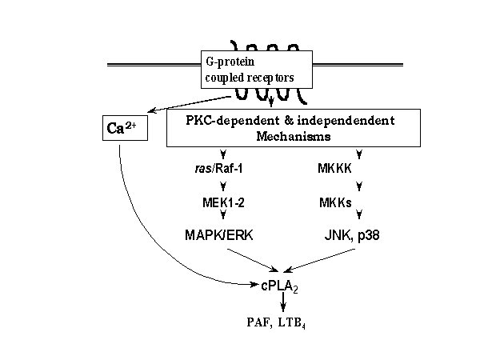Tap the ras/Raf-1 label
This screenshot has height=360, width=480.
point(219,168)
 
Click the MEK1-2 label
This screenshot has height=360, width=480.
point(223,202)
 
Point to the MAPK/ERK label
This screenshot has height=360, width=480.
point(219,235)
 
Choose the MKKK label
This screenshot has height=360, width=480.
point(334,168)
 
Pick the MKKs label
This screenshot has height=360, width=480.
point(335,202)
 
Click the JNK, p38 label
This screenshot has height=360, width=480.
point(352,235)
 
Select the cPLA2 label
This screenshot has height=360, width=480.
point(279,286)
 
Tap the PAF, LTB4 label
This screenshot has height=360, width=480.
point(276,323)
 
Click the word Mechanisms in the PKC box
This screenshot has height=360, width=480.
point(294,136)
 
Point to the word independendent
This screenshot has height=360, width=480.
point(346,120)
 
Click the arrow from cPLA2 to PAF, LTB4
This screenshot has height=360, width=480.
point(283,302)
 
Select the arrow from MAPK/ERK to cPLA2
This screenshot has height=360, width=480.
point(253,260)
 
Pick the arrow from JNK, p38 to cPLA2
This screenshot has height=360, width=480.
point(319,260)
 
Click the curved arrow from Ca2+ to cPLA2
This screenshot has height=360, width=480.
point(153,245)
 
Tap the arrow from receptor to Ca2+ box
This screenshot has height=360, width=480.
point(190,104)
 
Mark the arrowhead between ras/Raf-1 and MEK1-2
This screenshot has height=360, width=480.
point(223,186)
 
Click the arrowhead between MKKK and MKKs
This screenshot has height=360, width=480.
point(359,186)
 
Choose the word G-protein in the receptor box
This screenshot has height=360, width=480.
point(230,62)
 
